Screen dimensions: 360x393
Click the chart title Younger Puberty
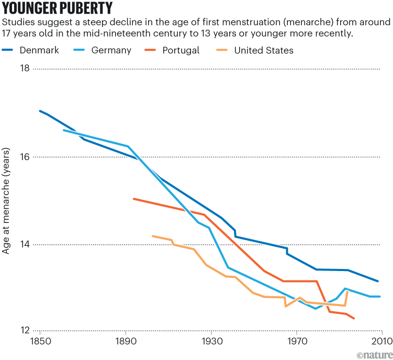coord(57,9)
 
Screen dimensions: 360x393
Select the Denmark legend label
coord(39,50)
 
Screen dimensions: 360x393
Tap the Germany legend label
coord(111,50)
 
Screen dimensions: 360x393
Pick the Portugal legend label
coord(181,50)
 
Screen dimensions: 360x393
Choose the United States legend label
coord(264,50)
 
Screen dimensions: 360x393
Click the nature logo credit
coord(374,354)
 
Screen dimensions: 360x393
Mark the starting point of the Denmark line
coord(39,110)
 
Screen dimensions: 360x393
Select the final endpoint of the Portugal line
coord(354,318)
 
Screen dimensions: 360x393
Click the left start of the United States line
coord(152,236)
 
